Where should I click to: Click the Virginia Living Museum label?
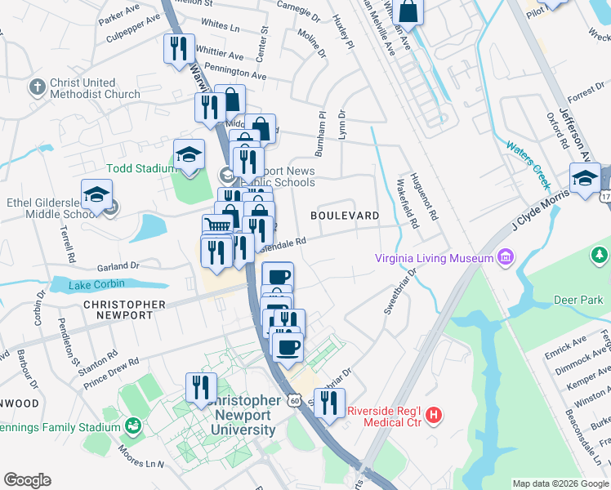click(433, 259)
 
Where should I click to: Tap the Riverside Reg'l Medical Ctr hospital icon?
click(434, 415)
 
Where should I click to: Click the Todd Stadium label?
click(140, 169)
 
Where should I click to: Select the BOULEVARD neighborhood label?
click(345, 216)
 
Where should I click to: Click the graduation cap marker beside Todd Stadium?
click(189, 154)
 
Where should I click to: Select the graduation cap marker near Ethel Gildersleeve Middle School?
click(96, 196)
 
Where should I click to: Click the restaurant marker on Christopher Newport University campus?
click(201, 387)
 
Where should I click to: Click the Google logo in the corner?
click(27, 480)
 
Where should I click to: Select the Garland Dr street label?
click(118, 266)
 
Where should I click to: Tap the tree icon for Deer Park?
click(600, 257)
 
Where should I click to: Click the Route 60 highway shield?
click(295, 401)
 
